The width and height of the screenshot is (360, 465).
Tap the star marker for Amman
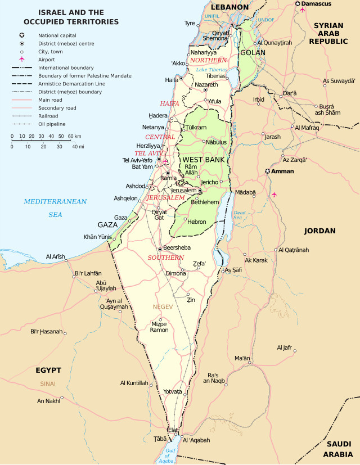click(x=268, y=171)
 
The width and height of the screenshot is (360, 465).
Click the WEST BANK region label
click(x=204, y=160)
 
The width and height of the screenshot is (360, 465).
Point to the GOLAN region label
click(x=252, y=52)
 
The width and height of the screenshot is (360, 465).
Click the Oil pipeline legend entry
click(x=52, y=124)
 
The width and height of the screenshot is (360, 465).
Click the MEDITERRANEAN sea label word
click(x=55, y=201)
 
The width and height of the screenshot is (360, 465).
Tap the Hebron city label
click(x=197, y=222)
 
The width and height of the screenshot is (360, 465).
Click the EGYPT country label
click(x=48, y=370)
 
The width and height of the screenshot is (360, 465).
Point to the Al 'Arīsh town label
click(x=56, y=256)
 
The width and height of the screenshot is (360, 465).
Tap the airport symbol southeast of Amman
click(x=274, y=195)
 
